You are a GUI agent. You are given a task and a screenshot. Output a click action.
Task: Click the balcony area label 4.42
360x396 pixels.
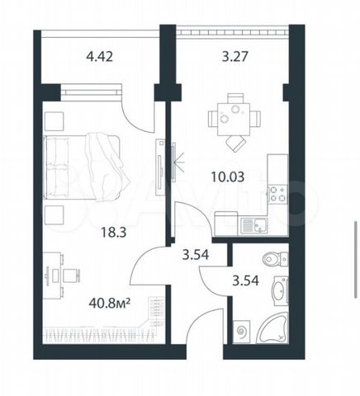coord(99,57)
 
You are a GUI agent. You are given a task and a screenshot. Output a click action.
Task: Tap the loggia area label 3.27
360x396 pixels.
coord(235,57)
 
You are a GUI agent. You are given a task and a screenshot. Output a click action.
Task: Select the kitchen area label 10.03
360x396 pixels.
coord(228,177)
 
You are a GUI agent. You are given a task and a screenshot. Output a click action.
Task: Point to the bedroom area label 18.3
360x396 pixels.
coord(114,233)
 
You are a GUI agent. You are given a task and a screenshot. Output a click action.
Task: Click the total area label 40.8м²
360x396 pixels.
coord(109,304)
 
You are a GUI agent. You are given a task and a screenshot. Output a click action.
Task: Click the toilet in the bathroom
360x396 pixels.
coord(275,259)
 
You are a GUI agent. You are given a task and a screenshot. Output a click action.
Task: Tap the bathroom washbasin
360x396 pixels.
coord(280,291)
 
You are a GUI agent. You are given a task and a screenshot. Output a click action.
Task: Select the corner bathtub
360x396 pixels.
coord(272,328)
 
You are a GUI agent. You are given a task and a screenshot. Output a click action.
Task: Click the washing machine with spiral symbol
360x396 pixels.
coord(242,332)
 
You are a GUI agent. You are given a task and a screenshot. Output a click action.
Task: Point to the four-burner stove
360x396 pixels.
coord(277,194)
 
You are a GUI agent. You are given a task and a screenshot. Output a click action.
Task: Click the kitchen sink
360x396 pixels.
coord(254,226)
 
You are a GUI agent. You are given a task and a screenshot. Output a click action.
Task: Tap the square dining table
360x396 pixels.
coord(234,120)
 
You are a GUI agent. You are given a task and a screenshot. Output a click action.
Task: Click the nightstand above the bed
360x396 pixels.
coord(54,121)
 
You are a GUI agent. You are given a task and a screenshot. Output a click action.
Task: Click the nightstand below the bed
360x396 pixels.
coord(54,215)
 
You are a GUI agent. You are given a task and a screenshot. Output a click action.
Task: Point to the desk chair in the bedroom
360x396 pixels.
coord(72,276)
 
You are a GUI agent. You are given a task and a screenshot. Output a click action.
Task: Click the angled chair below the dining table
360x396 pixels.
coord(235,144)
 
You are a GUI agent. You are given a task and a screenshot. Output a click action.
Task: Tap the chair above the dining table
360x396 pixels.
coord(235,98)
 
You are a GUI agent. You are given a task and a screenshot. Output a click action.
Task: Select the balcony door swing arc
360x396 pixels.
coord(135,118)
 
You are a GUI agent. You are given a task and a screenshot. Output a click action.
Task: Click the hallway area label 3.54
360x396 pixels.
coord(196,255)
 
